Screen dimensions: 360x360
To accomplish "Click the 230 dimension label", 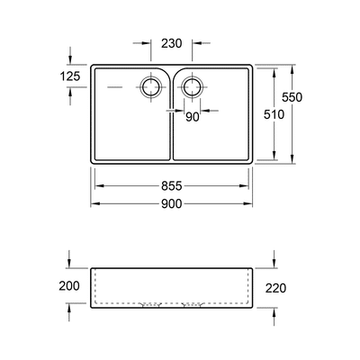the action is click(172, 44).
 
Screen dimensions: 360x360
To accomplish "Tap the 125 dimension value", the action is click(70, 76).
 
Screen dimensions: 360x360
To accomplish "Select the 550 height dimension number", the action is click(292, 97).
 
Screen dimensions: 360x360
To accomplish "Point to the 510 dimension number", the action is click(274, 114).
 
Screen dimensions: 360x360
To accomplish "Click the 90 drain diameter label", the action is click(193, 117).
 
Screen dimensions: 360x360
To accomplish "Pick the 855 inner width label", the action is click(172, 186).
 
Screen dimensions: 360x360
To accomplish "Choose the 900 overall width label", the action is click(172, 204).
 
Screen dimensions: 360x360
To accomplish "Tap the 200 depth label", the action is click(69, 286).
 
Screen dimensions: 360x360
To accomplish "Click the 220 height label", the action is click(275, 288).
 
